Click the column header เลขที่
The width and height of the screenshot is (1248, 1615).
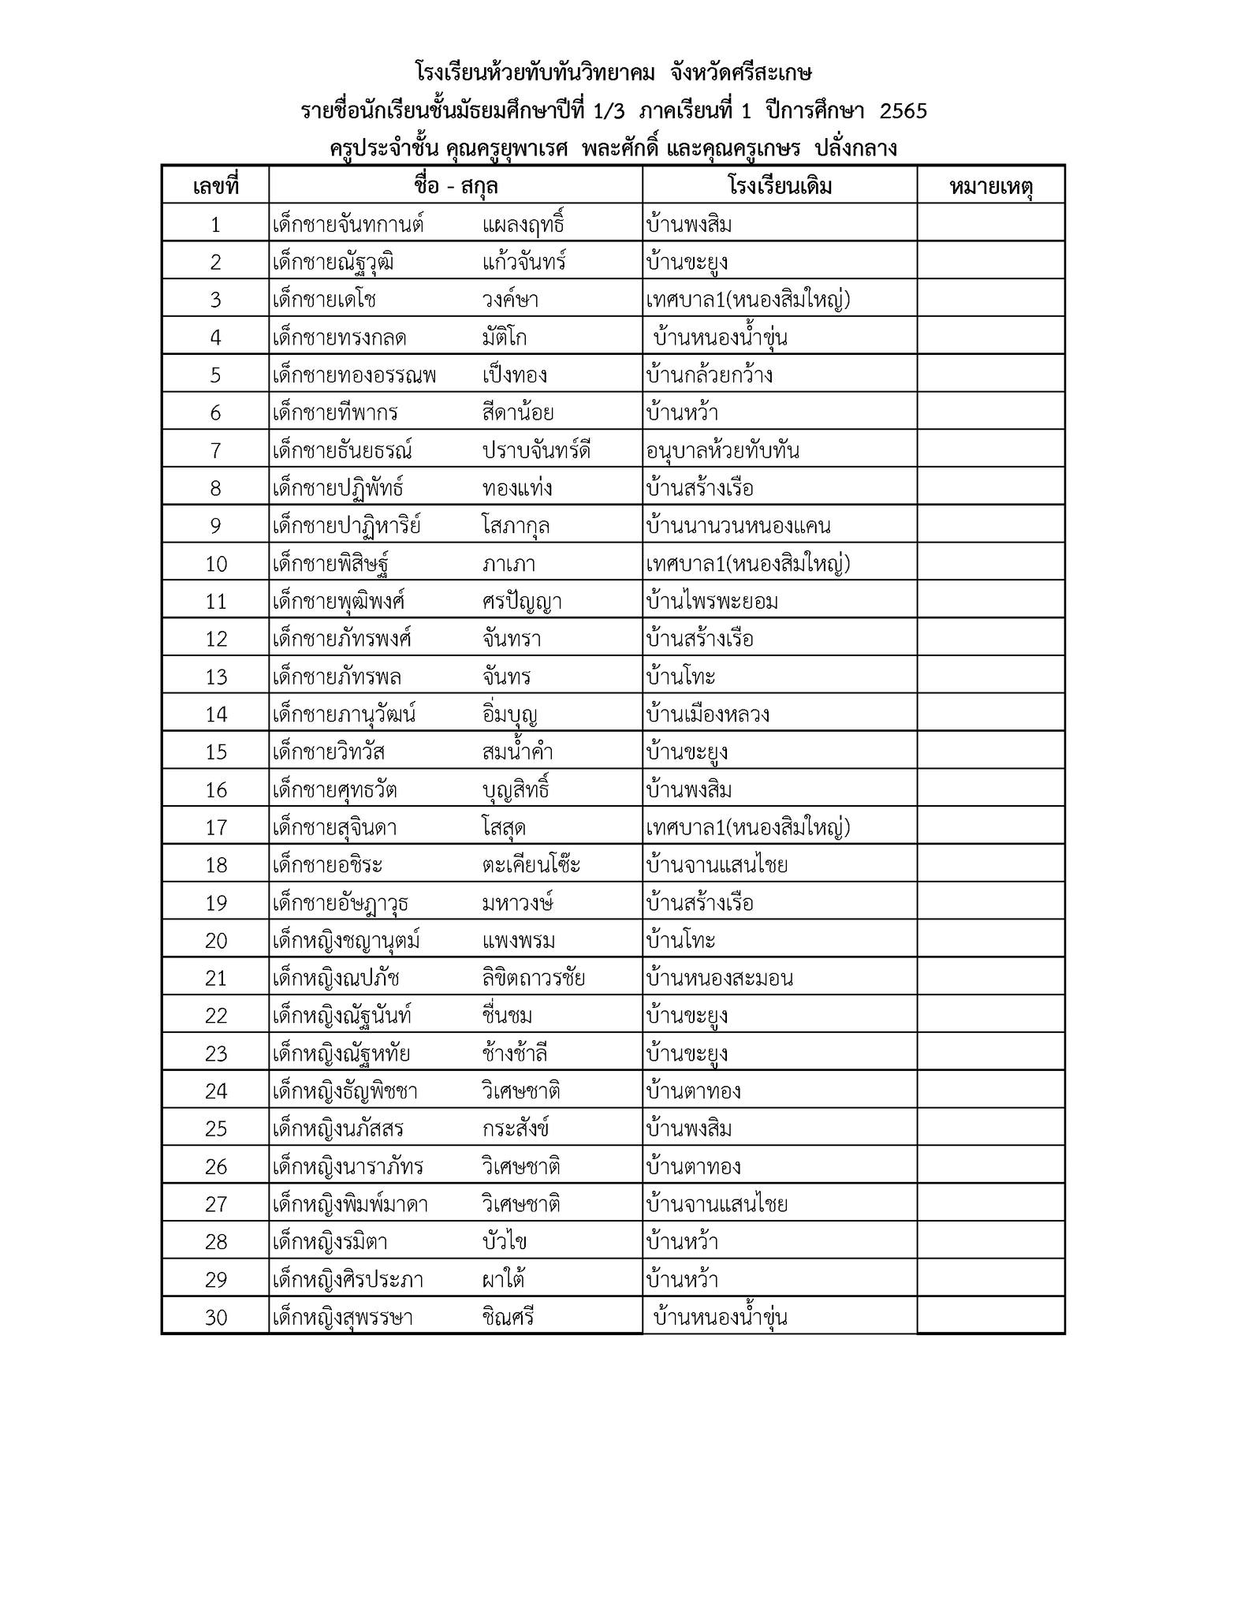(215, 187)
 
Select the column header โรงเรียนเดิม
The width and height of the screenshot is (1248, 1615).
(779, 187)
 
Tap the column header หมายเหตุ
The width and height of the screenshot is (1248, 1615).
(990, 187)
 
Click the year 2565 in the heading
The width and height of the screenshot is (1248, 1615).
(903, 111)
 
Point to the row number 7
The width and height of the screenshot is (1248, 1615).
(215, 451)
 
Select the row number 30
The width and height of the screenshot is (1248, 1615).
(215, 1318)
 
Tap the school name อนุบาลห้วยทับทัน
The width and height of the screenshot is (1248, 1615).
(722, 451)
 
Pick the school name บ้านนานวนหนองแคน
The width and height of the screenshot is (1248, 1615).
(738, 526)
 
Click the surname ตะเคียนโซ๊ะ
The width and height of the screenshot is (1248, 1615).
(531, 865)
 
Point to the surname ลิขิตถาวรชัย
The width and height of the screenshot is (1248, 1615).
(533, 979)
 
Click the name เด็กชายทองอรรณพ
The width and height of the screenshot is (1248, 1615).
(354, 375)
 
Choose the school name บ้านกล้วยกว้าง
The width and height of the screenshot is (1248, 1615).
(709, 375)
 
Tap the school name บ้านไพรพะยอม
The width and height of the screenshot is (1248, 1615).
(712, 602)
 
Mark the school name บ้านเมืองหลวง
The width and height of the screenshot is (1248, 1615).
(707, 714)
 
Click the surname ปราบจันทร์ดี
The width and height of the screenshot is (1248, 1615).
(536, 451)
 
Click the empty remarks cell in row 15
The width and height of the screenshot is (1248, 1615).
(990, 752)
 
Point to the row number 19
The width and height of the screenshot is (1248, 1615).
(215, 903)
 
